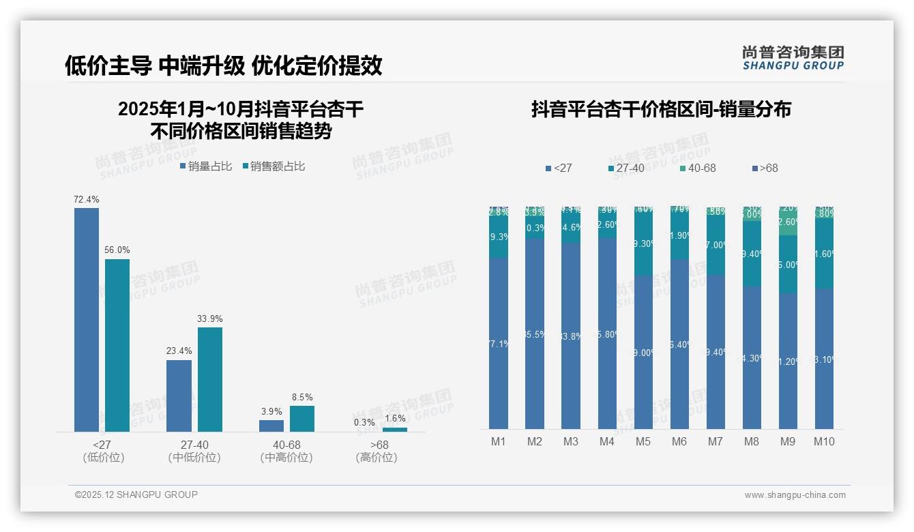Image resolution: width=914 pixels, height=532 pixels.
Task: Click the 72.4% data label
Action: coord(87,200)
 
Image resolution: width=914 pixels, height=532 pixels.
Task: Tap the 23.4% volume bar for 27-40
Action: coord(179,396)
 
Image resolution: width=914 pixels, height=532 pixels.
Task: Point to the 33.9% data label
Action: coord(210,319)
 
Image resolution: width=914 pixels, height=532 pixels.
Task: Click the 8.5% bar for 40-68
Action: coord(302,418)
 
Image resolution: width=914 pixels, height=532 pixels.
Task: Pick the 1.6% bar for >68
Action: coord(395,429)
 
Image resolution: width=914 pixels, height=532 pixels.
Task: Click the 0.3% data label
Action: coord(364,422)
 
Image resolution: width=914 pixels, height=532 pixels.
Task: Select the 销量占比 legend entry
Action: coord(206,166)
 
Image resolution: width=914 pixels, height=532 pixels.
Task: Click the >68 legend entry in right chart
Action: coord(764,168)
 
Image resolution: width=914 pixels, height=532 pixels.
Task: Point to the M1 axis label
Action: coord(499,442)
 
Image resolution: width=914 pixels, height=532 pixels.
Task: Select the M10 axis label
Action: coord(824,442)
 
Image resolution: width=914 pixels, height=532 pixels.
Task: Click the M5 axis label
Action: coord(643,442)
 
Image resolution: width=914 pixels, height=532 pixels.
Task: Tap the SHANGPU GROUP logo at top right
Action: coord(793,58)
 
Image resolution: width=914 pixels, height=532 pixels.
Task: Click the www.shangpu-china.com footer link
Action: coord(795,495)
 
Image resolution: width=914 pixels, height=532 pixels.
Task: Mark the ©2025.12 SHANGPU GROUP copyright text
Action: coord(136,494)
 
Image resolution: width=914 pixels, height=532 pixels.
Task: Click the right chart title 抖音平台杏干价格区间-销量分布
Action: coord(661,110)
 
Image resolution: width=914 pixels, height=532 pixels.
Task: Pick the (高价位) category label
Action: coord(377,458)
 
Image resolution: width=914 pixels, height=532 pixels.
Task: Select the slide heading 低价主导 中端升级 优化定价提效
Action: coord(223,65)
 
